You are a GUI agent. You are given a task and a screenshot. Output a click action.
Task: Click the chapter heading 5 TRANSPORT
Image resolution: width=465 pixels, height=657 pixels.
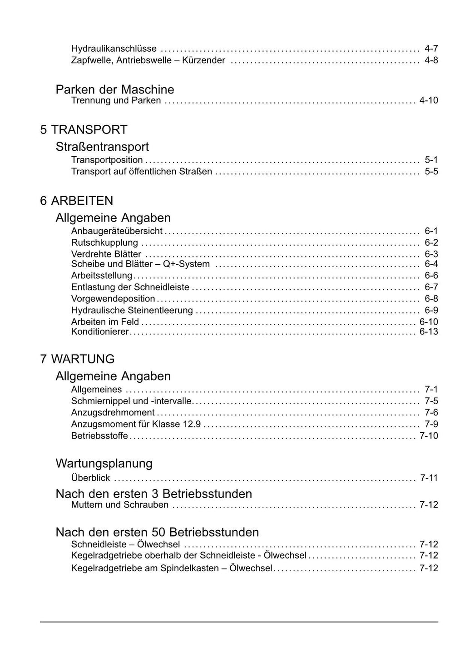pyautogui.click(x=84, y=130)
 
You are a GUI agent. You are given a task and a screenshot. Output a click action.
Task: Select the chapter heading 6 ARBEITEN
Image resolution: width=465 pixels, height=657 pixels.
pyautogui.click(x=76, y=201)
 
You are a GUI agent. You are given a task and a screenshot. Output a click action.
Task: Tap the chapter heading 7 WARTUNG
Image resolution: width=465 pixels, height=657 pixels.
pyautogui.click(x=77, y=359)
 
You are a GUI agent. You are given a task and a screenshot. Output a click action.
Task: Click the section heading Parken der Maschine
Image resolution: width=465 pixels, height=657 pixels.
pyautogui.click(x=115, y=89)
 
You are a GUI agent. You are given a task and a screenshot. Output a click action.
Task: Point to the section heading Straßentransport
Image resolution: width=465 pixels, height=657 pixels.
pyautogui.click(x=102, y=147)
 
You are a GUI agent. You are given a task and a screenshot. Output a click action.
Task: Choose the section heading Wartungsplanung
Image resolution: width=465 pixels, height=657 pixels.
pyautogui.click(x=104, y=464)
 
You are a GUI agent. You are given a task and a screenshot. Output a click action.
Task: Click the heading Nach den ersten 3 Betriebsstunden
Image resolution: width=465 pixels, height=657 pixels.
pyautogui.click(x=153, y=494)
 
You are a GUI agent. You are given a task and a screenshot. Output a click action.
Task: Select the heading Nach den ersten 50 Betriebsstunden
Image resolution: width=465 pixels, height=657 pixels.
pyautogui.click(x=157, y=532)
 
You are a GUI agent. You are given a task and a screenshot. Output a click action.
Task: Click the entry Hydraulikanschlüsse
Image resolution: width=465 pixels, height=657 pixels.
pyautogui.click(x=114, y=49)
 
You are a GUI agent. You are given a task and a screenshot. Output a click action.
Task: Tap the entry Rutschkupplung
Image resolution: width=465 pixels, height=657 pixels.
pyautogui.click(x=104, y=243)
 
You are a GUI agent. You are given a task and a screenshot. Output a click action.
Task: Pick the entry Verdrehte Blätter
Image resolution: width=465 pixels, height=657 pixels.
pyautogui.click(x=106, y=254)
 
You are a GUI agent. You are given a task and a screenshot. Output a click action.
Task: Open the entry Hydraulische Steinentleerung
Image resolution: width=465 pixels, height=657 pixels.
pyautogui.click(x=132, y=311)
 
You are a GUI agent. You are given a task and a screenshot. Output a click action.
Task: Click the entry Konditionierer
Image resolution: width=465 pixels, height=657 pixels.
pyautogui.click(x=100, y=332)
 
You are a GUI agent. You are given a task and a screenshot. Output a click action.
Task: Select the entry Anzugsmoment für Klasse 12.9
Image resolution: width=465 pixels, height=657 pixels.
pyautogui.click(x=136, y=425)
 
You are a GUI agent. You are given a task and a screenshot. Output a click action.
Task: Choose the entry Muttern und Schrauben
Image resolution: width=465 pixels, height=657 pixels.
pyautogui.click(x=120, y=505)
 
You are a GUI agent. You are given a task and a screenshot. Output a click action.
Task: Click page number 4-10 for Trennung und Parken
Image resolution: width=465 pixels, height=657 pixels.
pyautogui.click(x=429, y=100)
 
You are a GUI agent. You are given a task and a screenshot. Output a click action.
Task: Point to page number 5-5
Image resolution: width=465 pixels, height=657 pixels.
pyautogui.click(x=431, y=172)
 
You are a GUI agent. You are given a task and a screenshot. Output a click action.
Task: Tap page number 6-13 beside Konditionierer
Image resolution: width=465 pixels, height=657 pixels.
pyautogui.click(x=429, y=332)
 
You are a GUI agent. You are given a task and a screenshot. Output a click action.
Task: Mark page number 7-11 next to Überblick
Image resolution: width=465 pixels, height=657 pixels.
pyautogui.click(x=429, y=478)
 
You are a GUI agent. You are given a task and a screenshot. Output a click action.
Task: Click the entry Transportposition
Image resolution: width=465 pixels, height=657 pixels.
pyautogui.click(x=107, y=160)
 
